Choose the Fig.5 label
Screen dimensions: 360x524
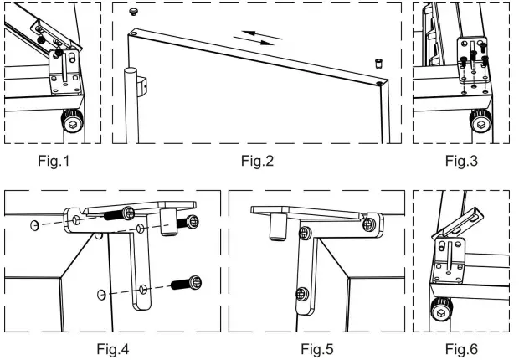(x=316, y=347)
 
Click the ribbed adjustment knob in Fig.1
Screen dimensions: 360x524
(x=74, y=122)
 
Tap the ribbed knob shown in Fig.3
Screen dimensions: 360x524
(x=480, y=122)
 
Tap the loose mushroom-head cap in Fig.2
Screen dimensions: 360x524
(x=133, y=12)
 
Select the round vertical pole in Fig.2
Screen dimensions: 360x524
(x=130, y=109)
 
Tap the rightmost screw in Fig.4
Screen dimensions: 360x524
(x=193, y=222)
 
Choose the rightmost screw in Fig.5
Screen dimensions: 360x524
(x=368, y=224)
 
